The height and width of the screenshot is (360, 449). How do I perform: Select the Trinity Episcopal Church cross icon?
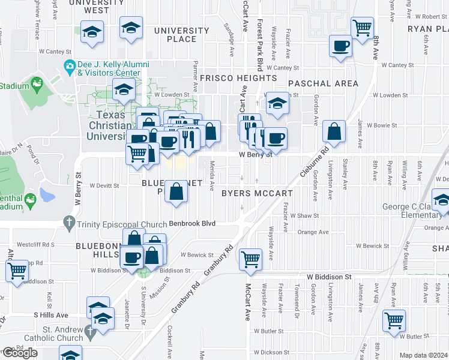[70, 223]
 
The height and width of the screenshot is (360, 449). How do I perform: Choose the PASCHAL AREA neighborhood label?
[323, 83]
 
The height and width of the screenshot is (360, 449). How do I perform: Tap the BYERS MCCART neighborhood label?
[257, 193]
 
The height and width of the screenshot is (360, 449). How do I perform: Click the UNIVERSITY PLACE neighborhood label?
[182, 35]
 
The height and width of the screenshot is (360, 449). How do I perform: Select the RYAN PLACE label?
[427, 29]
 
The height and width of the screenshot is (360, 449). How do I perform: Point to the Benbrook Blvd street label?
[191, 223]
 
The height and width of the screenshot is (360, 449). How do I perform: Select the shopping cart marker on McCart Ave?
[250, 259]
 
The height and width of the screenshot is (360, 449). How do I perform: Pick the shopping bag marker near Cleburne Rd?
[334, 131]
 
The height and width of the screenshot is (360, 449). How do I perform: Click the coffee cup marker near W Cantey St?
[340, 46]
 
